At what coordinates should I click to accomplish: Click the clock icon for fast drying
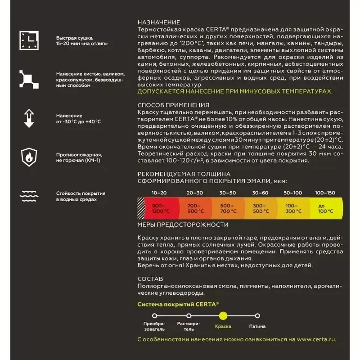pyautogui.click(x=29, y=40)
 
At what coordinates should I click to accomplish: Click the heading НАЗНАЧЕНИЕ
pyautogui.click(x=159, y=22)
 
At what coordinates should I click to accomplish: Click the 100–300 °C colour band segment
pyautogui.click(x=293, y=208)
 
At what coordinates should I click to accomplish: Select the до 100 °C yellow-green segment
pyautogui.click(x=326, y=208)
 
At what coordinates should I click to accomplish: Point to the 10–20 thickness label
pyautogui.click(x=159, y=193)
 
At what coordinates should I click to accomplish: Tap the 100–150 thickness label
pyautogui.click(x=325, y=193)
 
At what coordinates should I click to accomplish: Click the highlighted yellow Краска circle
pyautogui.click(x=223, y=316)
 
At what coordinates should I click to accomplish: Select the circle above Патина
pyautogui.click(x=257, y=316)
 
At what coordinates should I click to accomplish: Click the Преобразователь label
pyautogui.click(x=154, y=326)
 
